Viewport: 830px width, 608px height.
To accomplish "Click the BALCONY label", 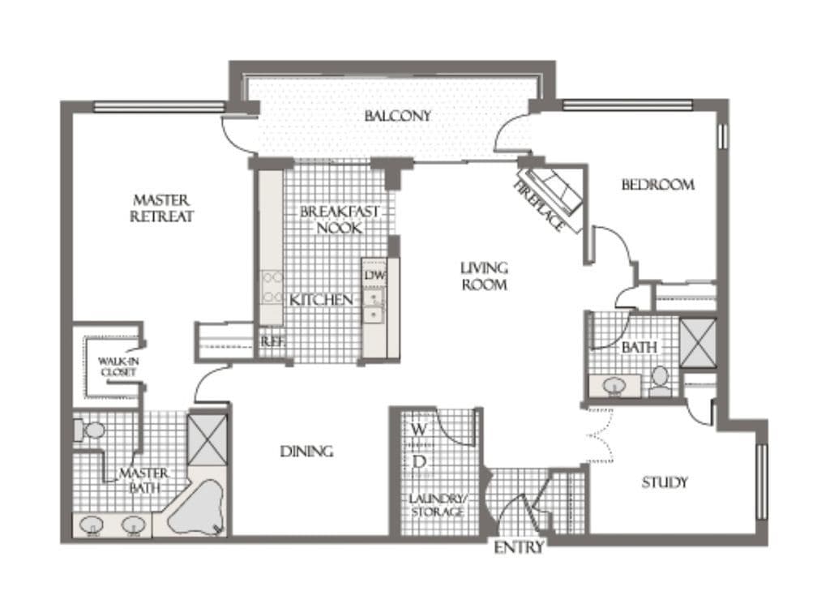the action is (x=397, y=115).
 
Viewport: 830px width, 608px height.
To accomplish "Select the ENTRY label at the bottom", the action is (x=519, y=547).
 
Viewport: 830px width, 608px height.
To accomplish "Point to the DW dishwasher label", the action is (x=374, y=276).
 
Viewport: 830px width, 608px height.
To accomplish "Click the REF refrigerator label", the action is (x=272, y=341).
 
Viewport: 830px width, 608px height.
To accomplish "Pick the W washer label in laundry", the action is (x=419, y=429).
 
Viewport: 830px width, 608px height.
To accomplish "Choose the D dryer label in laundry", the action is (x=419, y=462).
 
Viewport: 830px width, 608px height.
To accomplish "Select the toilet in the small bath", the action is (x=659, y=382).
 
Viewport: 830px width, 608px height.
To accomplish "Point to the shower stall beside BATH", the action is (x=698, y=343).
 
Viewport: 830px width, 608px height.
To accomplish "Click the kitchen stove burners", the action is (x=272, y=287).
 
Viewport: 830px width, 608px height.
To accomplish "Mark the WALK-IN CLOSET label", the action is (x=118, y=366).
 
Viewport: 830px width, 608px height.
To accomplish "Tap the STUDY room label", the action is (x=665, y=482).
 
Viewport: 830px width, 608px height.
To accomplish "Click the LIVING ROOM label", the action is (x=484, y=276).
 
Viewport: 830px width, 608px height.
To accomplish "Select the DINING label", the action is (x=306, y=452).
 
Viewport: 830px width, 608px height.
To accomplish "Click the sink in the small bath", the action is (x=614, y=386).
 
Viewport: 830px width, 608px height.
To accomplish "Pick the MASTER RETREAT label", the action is (x=161, y=208).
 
